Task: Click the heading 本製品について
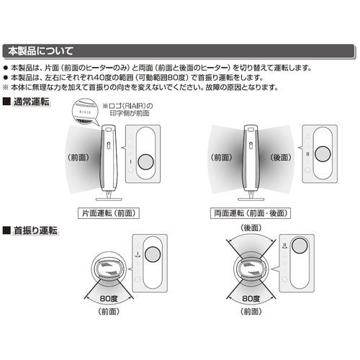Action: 39,52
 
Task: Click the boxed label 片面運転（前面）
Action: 108,213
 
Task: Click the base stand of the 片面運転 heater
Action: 108,196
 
